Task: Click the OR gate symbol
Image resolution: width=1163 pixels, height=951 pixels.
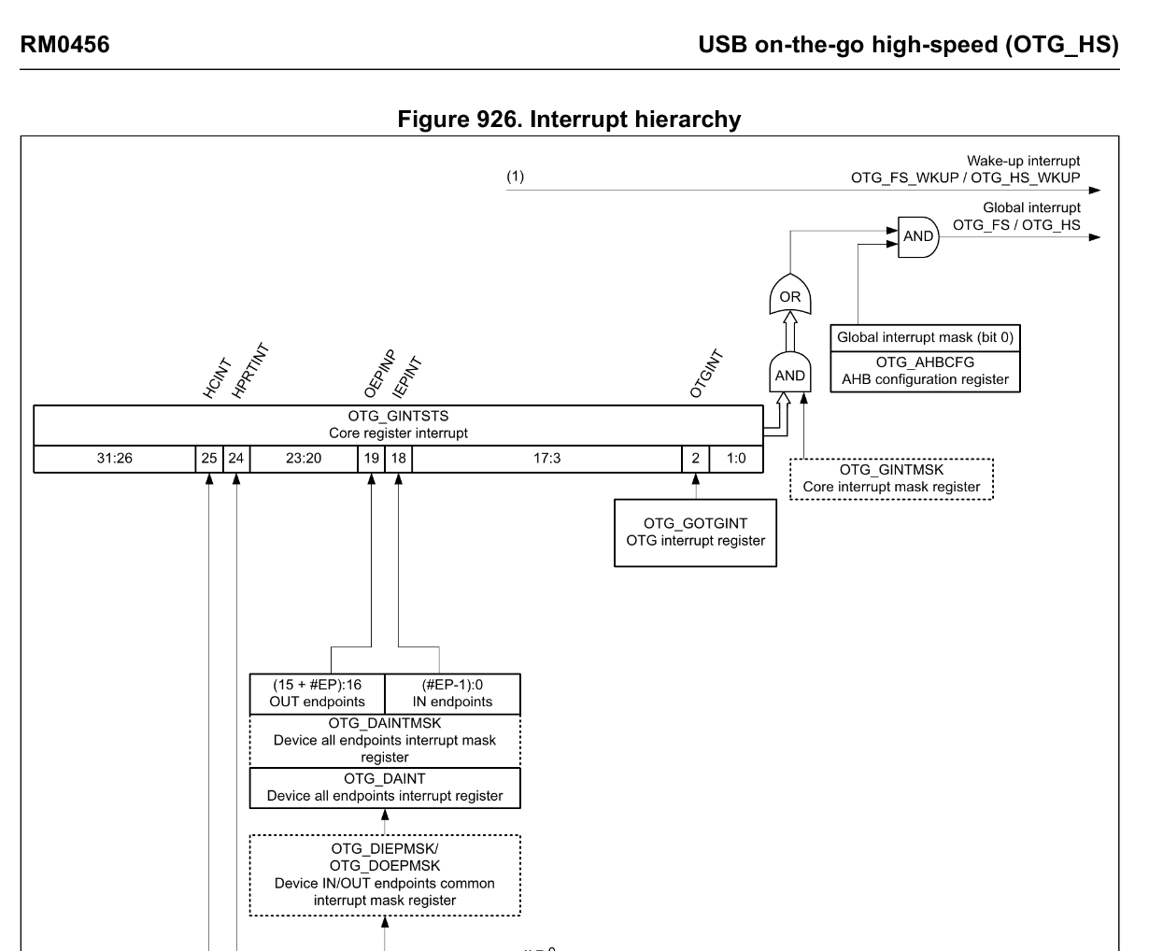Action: (x=790, y=295)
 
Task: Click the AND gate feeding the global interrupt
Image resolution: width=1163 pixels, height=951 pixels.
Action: (x=917, y=236)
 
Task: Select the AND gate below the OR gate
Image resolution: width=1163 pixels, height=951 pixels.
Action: (x=790, y=374)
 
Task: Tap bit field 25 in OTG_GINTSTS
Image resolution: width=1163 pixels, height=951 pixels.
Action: (x=209, y=459)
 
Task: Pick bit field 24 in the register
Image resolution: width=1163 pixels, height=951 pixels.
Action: (x=236, y=459)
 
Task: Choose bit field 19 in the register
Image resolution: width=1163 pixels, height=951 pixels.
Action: (x=372, y=459)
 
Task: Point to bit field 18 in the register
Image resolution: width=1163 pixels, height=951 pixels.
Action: (x=399, y=459)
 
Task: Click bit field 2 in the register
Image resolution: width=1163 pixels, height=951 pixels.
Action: (x=695, y=459)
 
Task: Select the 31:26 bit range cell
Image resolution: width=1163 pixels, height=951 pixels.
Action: (x=114, y=459)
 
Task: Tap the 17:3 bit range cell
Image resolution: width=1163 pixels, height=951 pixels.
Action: (x=547, y=459)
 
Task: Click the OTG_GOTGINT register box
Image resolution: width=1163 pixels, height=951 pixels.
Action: (x=695, y=532)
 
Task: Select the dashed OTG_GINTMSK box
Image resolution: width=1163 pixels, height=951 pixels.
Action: (x=891, y=478)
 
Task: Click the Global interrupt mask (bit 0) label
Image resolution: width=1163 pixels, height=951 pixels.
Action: (x=925, y=337)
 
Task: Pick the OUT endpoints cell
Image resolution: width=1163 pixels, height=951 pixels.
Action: (x=317, y=694)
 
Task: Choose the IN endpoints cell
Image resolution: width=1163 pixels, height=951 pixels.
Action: (x=452, y=694)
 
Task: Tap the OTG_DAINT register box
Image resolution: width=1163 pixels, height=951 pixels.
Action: (x=385, y=788)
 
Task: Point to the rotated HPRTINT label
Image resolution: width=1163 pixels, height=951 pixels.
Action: (x=249, y=372)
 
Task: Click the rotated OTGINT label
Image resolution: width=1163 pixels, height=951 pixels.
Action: (x=707, y=375)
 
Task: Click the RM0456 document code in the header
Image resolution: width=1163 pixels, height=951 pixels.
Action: (x=64, y=45)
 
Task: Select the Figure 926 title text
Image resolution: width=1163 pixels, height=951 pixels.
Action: (x=569, y=120)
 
